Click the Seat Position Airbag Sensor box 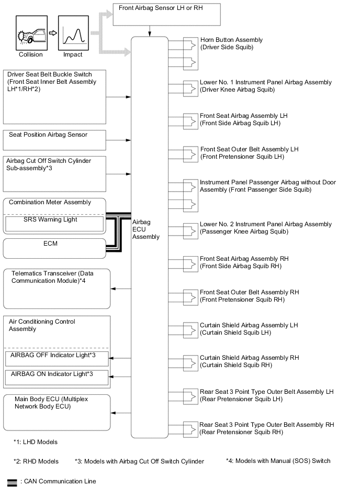[x=54, y=140]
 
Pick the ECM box [x=54, y=248]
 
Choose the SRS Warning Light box [x=54, y=224]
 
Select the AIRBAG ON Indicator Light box [x=57, y=377]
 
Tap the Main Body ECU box [x=57, y=412]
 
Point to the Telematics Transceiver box [x=57, y=288]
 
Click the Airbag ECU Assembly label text [x=147, y=229]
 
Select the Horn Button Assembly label [x=231, y=43]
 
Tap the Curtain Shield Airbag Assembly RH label [x=249, y=361]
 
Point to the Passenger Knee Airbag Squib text [x=244, y=231]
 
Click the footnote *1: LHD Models [x=36, y=442]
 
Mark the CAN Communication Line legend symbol [x=11, y=481]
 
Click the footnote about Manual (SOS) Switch [x=278, y=461]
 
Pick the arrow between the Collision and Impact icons [x=52, y=32]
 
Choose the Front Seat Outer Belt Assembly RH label [x=249, y=296]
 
